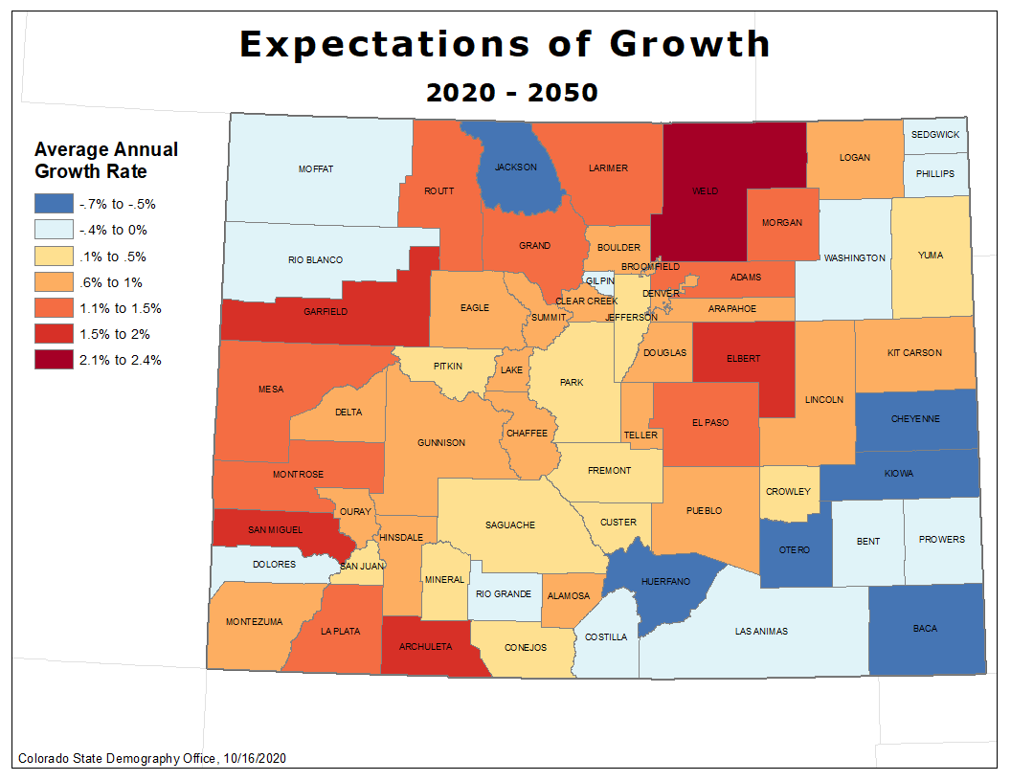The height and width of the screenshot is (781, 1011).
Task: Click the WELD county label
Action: (706, 191)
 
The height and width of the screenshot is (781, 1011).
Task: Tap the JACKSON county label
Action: (515, 167)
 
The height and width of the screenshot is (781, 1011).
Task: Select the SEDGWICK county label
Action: (934, 135)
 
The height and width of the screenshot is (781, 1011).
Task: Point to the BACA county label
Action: (925, 629)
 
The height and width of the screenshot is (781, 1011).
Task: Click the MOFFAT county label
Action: (316, 169)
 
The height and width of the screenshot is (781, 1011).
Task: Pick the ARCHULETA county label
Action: (427, 647)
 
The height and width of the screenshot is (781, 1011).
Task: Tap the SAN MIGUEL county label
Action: (275, 529)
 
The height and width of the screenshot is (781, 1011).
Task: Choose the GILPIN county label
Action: (600, 280)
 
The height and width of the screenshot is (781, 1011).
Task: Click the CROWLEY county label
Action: (788, 492)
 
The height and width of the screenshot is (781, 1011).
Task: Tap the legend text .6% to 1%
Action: (113, 282)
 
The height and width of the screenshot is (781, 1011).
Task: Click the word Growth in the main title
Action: (689, 44)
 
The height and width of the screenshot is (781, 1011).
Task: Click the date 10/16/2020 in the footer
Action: (254, 758)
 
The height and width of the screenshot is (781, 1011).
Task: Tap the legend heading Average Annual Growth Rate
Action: (105, 161)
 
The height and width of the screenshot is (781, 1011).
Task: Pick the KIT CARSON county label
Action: (914, 353)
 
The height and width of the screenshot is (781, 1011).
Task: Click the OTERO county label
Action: (794, 549)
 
